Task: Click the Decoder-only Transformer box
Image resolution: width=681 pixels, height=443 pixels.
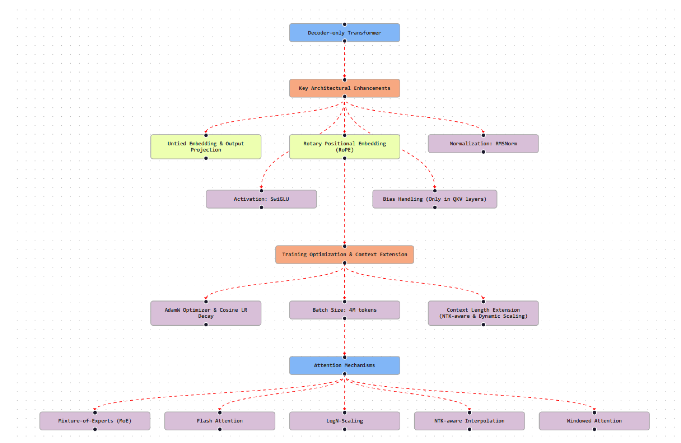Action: click(344, 33)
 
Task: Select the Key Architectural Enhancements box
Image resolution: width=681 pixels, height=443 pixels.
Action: click(344, 88)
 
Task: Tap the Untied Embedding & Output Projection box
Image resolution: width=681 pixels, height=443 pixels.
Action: click(206, 146)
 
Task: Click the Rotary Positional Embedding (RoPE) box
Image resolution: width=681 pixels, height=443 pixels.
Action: click(344, 146)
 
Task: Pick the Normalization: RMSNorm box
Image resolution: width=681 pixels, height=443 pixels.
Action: click(483, 144)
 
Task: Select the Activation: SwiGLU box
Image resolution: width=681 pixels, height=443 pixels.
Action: click(261, 199)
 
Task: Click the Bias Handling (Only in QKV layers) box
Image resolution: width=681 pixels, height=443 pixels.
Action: click(434, 199)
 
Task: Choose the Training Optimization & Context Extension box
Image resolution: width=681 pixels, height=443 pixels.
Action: click(344, 254)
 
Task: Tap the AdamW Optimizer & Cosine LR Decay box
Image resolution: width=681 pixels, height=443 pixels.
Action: click(206, 313)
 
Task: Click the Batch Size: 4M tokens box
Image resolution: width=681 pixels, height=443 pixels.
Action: click(344, 310)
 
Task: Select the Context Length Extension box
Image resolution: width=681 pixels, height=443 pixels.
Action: click(483, 313)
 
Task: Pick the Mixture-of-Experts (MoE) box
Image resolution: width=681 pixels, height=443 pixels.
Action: click(95, 421)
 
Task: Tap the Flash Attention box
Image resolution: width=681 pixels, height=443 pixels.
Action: click(220, 421)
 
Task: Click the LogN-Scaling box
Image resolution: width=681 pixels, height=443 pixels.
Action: click(344, 421)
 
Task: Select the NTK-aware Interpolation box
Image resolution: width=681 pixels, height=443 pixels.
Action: click(469, 421)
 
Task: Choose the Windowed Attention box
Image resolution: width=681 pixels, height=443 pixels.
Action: click(594, 421)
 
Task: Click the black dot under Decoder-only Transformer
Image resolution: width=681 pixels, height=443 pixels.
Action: click(345, 41)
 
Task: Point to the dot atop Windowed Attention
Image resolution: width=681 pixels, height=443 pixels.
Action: click(594, 412)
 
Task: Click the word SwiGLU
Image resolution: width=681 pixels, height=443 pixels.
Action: click(279, 199)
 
